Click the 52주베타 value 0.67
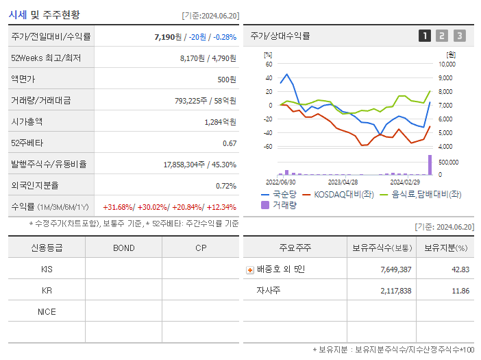click(229, 143)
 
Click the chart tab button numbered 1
click(425, 36)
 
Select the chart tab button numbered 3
click(459, 36)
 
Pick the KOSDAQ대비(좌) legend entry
click(338, 194)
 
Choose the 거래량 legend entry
click(280, 204)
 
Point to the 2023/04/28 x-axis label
click(343, 182)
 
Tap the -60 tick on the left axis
click(268, 147)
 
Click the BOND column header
click(123, 248)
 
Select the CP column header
click(200, 248)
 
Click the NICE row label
click(47, 311)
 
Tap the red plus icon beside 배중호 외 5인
click(250, 269)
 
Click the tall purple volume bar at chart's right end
click(430, 165)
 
